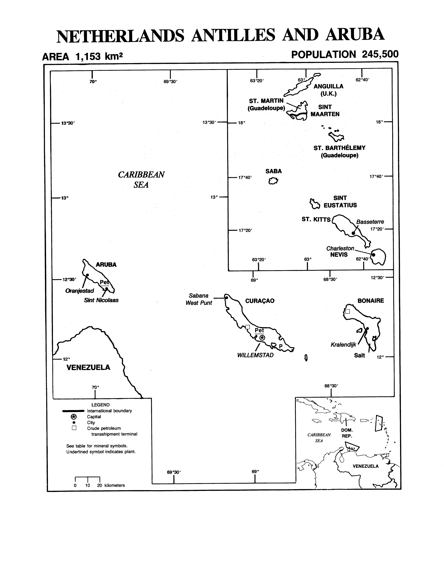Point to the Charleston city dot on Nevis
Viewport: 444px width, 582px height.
pos(374,255)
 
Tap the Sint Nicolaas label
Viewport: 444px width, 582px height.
pos(101,300)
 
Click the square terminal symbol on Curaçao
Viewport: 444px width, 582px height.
pos(247,327)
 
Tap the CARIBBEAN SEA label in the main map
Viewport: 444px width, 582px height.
pos(141,180)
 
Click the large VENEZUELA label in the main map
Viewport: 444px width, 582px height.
pos(88,367)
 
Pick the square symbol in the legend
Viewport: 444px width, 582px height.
pos(74,428)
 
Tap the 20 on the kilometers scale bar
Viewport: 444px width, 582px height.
pos(100,485)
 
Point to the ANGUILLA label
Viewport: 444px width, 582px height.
pos(329,86)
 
